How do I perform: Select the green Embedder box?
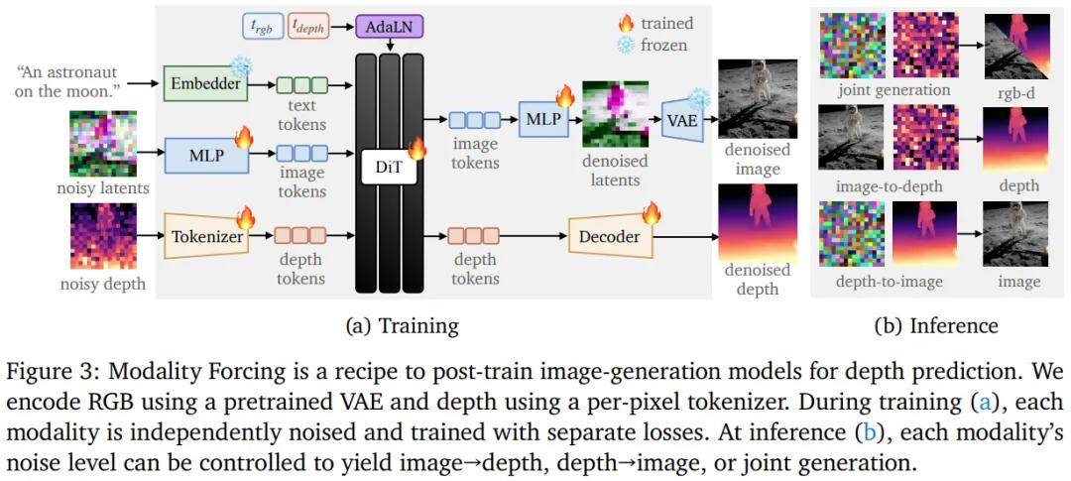(x=205, y=83)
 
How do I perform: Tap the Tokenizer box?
(x=205, y=236)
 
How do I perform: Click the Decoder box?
(x=609, y=236)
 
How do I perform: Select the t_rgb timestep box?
(x=263, y=27)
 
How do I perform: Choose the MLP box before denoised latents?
(x=543, y=118)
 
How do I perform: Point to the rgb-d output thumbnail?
(x=1015, y=46)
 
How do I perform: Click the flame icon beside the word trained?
(x=626, y=24)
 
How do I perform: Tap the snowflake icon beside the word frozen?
(x=626, y=46)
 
